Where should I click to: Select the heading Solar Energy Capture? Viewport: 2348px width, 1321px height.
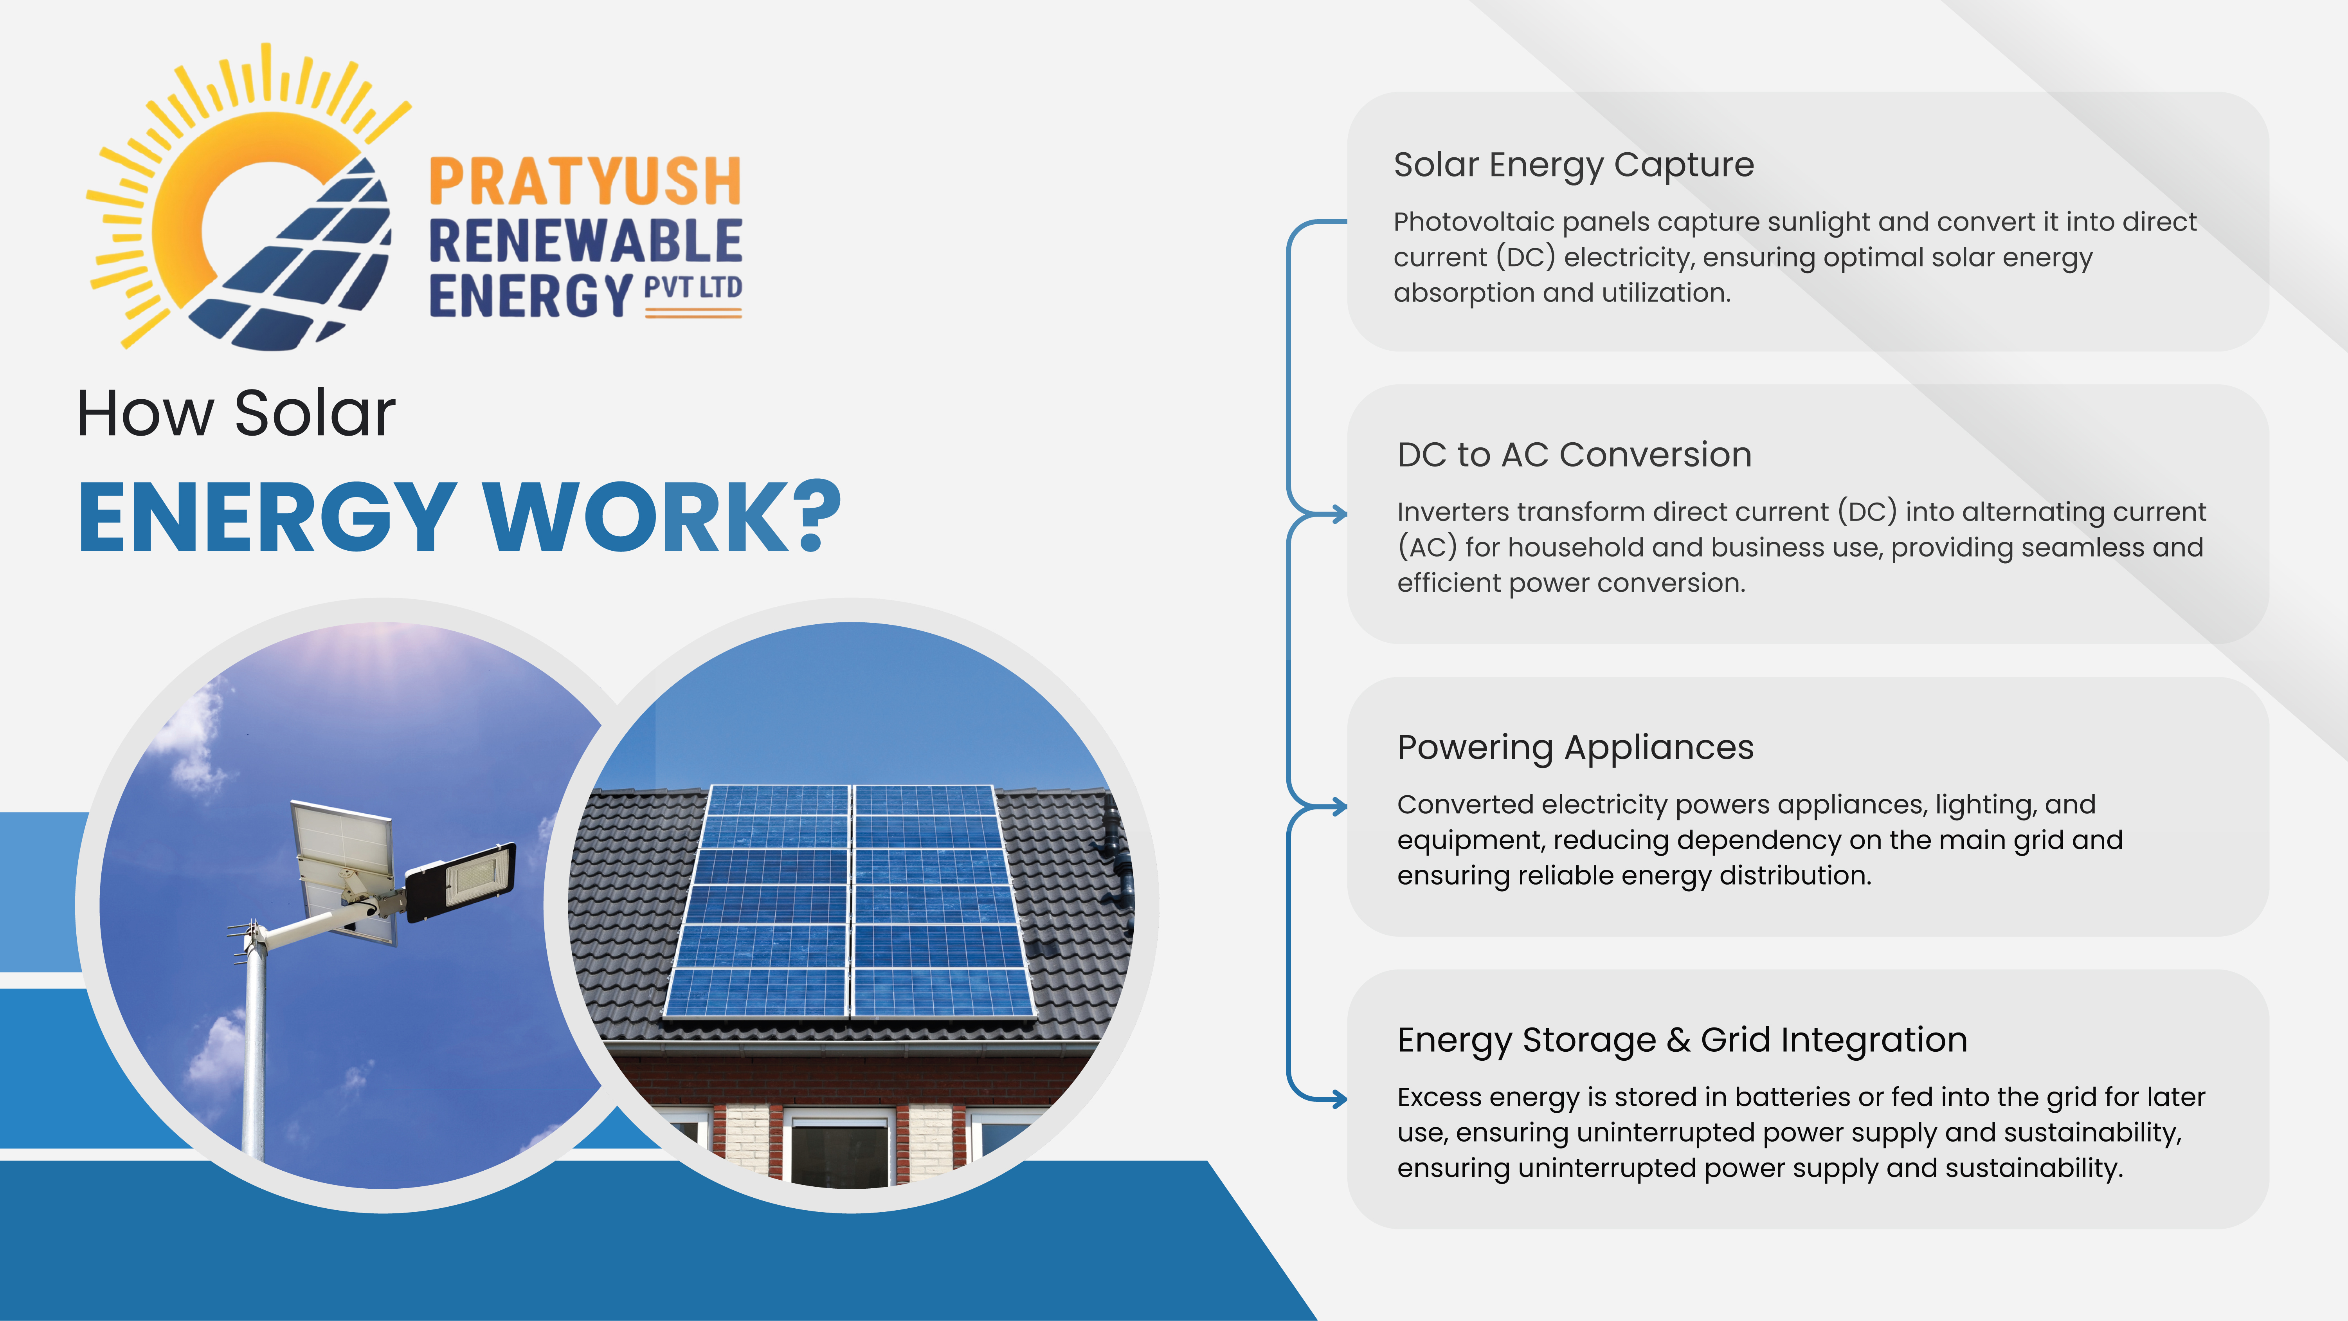point(1573,165)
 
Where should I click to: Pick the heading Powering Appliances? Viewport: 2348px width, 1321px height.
point(1575,748)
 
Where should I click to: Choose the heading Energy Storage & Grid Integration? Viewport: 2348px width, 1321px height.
point(1682,1040)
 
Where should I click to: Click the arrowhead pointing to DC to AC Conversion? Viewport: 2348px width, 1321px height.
point(1340,514)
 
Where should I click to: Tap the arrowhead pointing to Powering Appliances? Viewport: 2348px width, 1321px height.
point(1340,807)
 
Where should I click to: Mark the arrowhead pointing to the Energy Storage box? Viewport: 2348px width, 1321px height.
point(1340,1099)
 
